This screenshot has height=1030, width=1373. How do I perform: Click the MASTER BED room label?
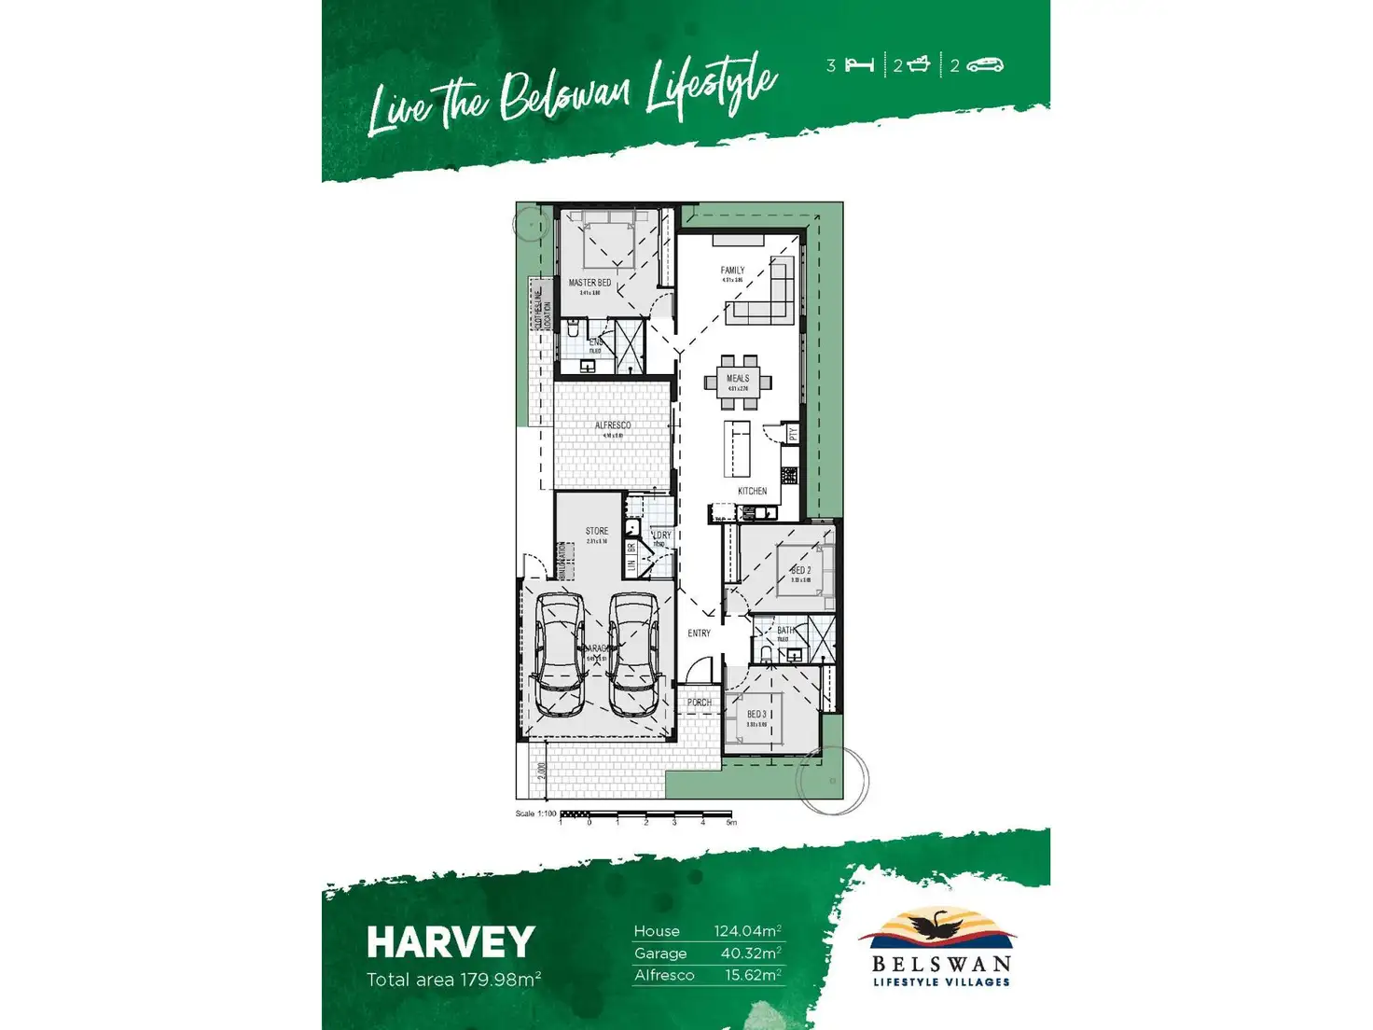(589, 283)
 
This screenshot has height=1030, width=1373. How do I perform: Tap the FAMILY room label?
(732, 271)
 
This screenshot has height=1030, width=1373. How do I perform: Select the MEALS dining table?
(738, 381)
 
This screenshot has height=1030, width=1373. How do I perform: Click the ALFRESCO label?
(613, 425)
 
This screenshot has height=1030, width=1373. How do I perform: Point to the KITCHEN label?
(752, 491)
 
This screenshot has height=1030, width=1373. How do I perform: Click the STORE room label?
(597, 531)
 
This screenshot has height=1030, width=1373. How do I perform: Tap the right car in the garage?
(634, 654)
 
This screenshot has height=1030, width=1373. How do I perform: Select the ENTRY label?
(699, 633)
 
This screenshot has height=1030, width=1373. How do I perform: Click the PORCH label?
(699, 703)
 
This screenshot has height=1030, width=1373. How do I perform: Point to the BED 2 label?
(800, 570)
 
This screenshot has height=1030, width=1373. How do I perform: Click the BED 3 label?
(756, 715)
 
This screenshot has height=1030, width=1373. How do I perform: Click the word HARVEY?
(451, 942)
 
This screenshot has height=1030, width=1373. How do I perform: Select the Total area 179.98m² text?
(453, 980)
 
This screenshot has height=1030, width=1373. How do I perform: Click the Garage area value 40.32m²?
(750, 953)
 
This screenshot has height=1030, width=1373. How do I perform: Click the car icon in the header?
(984, 65)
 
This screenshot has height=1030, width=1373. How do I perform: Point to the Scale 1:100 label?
(535, 814)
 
